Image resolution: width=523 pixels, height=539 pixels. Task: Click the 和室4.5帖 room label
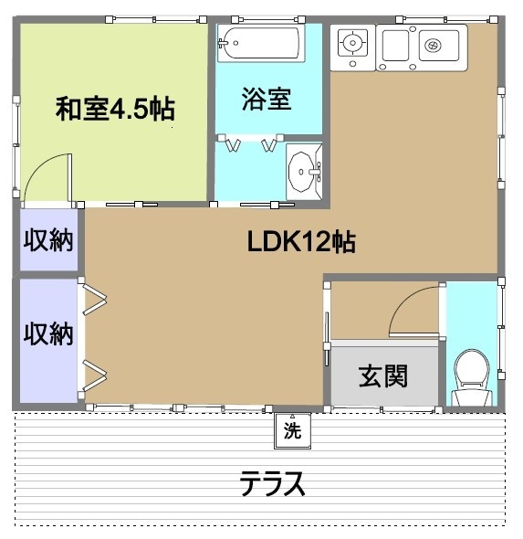115,110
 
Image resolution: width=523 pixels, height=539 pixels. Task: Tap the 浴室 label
267,99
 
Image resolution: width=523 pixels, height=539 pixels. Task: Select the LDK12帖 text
301,242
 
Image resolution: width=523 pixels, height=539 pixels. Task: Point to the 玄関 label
382,375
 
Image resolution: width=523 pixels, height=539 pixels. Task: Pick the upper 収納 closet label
48,242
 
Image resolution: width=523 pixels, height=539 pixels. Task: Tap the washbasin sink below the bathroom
304,170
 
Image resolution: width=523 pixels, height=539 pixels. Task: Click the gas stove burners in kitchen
352,43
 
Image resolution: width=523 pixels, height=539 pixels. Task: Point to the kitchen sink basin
431,43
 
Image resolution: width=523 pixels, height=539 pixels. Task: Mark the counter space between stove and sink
394,44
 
